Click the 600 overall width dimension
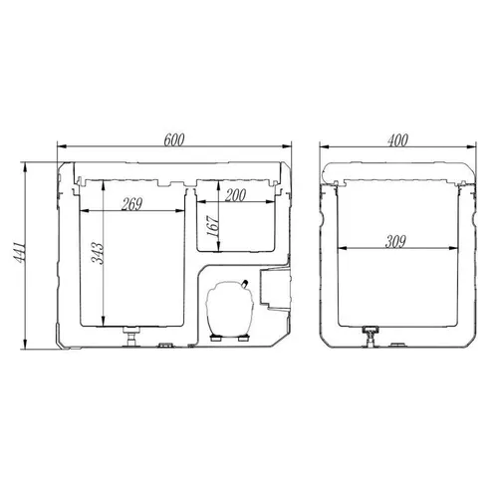(x=174, y=139)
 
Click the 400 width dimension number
(x=397, y=140)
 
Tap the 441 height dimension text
(x=21, y=253)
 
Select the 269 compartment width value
(x=131, y=204)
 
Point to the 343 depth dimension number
(x=98, y=253)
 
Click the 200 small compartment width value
(x=235, y=195)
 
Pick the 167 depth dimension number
(x=213, y=226)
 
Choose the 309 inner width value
(x=395, y=242)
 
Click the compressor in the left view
(x=230, y=310)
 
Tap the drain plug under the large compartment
(x=132, y=336)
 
